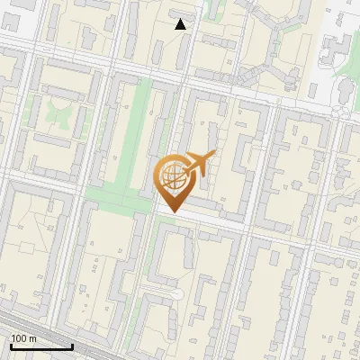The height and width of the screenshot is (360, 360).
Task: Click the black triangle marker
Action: (181, 24)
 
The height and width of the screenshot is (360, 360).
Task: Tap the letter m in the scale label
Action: (32, 338)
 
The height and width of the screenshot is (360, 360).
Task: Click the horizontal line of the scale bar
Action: (41, 346)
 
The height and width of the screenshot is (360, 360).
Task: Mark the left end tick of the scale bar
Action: (10, 345)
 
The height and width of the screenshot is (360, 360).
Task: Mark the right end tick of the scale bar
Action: (73, 345)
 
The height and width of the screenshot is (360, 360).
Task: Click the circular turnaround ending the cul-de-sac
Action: (176, 295)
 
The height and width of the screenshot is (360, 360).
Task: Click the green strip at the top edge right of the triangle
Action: (213, 9)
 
